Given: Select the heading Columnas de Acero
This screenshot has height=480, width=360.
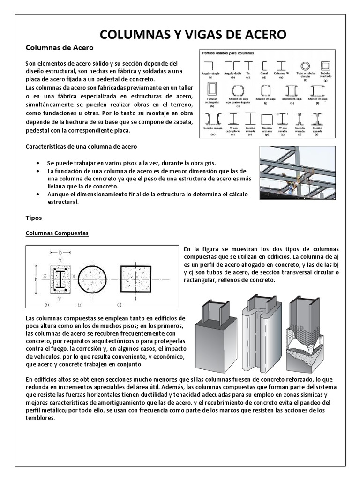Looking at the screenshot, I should pos(59,48).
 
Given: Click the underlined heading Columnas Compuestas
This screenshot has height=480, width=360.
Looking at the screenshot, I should pos(57,233).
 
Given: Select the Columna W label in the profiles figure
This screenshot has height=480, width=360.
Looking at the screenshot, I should pos(282,74).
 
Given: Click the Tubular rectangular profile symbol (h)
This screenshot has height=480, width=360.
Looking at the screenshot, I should pos(212,90).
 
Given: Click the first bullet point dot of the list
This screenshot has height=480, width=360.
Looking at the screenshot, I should pos(38,162).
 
